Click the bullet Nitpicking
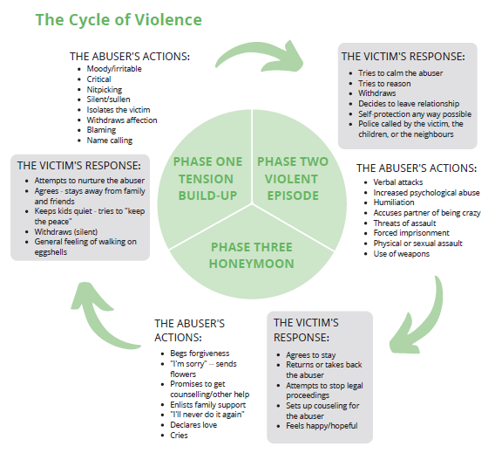tap(105, 89)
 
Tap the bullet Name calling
tap(110, 140)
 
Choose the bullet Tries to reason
tap(384, 84)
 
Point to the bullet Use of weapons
tap(403, 254)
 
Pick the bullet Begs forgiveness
tap(200, 354)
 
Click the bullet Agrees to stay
tap(311, 354)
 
